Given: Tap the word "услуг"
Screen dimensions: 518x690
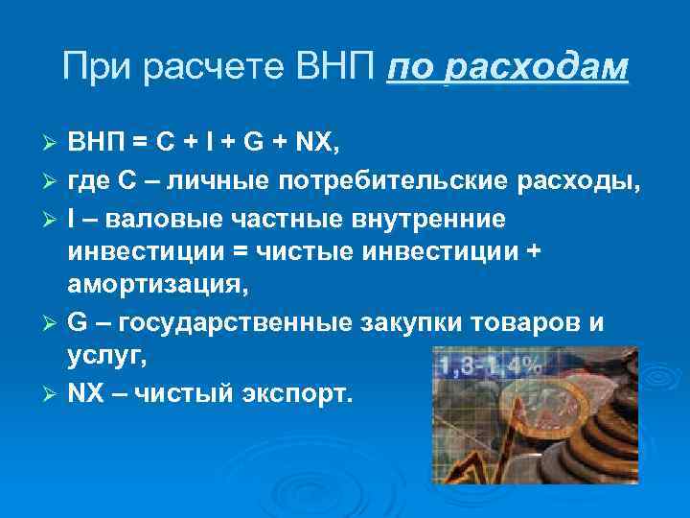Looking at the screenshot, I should pos(100,355).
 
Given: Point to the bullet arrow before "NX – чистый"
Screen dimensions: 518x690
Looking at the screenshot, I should pos(53,393).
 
